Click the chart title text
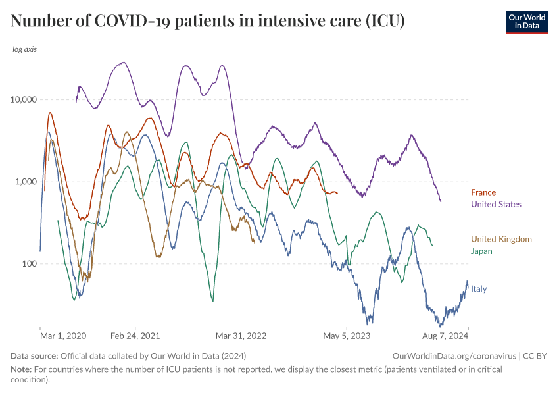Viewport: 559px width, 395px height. pos(208,22)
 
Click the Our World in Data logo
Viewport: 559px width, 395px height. pos(526,22)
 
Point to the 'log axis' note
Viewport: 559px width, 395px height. pos(24,50)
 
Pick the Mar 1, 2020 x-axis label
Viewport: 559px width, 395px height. pos(63,336)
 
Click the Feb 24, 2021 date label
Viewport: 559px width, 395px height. pos(135,336)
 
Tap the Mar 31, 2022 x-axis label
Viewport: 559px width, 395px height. pos(242,336)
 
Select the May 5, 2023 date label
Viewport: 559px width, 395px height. pos(347,336)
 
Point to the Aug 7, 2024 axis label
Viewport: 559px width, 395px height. pos(444,336)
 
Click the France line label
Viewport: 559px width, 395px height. pos(483,193)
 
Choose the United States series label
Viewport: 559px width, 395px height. pos(496,205)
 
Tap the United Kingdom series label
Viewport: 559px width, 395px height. pos(501,240)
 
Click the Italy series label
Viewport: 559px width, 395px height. pos(479,289)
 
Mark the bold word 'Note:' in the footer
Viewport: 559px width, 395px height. pos(21,369)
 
